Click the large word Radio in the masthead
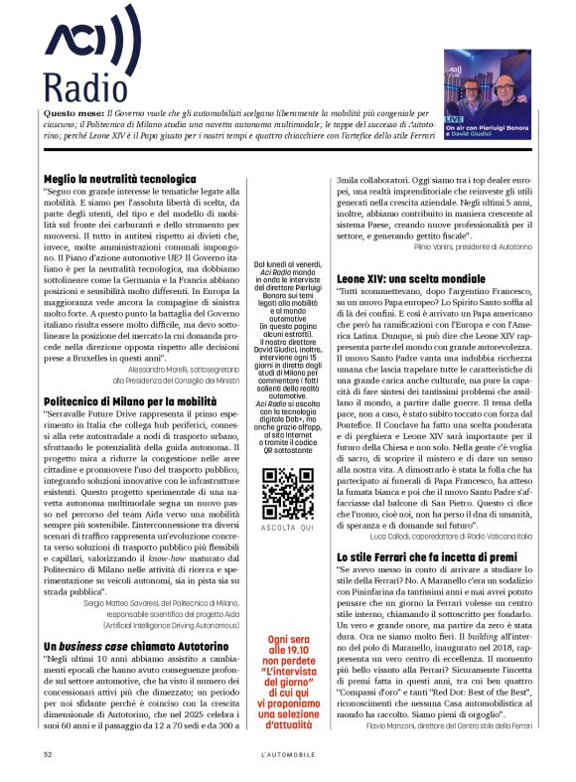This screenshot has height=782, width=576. [77, 89]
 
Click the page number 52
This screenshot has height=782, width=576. [48, 754]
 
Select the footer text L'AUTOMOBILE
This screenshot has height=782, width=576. [287, 754]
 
